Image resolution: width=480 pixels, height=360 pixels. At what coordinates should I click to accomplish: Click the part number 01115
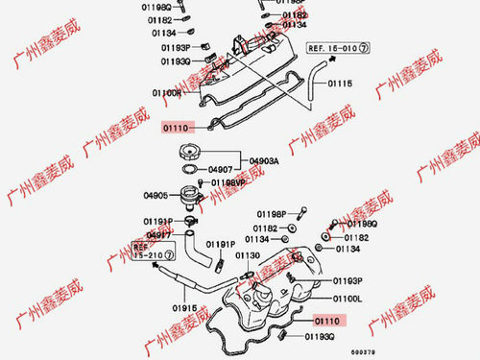[341, 84]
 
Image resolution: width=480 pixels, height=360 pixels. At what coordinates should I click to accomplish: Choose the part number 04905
[157, 196]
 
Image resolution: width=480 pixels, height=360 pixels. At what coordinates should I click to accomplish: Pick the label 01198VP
[228, 182]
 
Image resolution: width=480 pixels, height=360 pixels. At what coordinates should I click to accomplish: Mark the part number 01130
[249, 255]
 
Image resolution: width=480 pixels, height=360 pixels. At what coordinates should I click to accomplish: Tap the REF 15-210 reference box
[155, 253]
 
